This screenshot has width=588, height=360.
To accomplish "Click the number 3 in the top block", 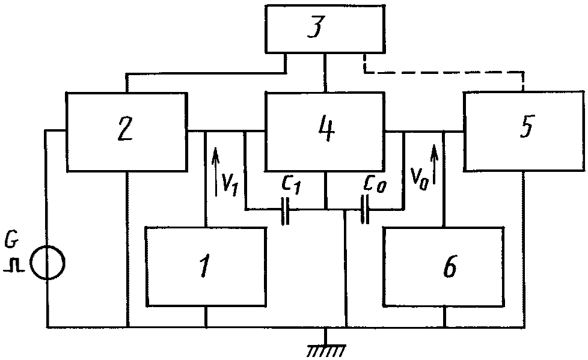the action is pyautogui.click(x=316, y=28).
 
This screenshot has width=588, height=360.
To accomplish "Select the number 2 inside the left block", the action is pyautogui.click(x=125, y=129).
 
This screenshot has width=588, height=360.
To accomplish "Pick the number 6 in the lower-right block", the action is pyautogui.click(x=449, y=267).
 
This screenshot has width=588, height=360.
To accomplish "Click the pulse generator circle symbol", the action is pyautogui.click(x=47, y=263).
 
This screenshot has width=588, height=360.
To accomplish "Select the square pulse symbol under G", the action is pyautogui.click(x=14, y=265).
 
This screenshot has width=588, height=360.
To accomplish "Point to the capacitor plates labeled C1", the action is pyautogui.click(x=286, y=210).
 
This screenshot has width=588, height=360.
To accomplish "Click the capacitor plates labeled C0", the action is pyautogui.click(x=364, y=209).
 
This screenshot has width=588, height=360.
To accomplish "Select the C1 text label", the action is pyautogui.click(x=291, y=185).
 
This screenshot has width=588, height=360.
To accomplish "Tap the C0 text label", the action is pyautogui.click(x=375, y=184).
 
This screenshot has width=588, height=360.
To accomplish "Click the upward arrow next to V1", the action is pyautogui.click(x=215, y=171).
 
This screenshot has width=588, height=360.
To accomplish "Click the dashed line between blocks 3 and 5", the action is pyautogui.click(x=443, y=72).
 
